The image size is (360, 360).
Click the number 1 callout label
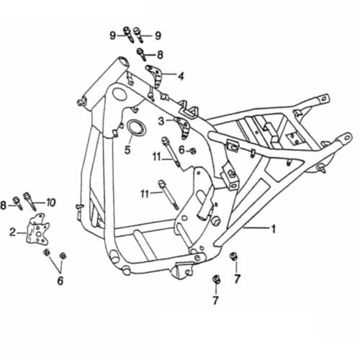(273, 229)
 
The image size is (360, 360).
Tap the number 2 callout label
(12, 233)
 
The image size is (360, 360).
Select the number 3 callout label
(162, 120)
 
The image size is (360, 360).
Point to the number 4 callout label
(181, 75)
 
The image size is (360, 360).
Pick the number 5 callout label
(127, 150)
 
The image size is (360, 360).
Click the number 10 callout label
(50, 202)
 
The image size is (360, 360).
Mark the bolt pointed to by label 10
(29, 197)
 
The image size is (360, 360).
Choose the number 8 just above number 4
(160, 54)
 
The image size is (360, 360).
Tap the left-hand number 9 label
(113, 35)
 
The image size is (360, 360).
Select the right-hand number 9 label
(158, 35)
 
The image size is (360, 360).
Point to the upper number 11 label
(157, 157)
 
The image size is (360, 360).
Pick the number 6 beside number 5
(182, 150)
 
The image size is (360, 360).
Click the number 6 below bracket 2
(60, 280)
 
